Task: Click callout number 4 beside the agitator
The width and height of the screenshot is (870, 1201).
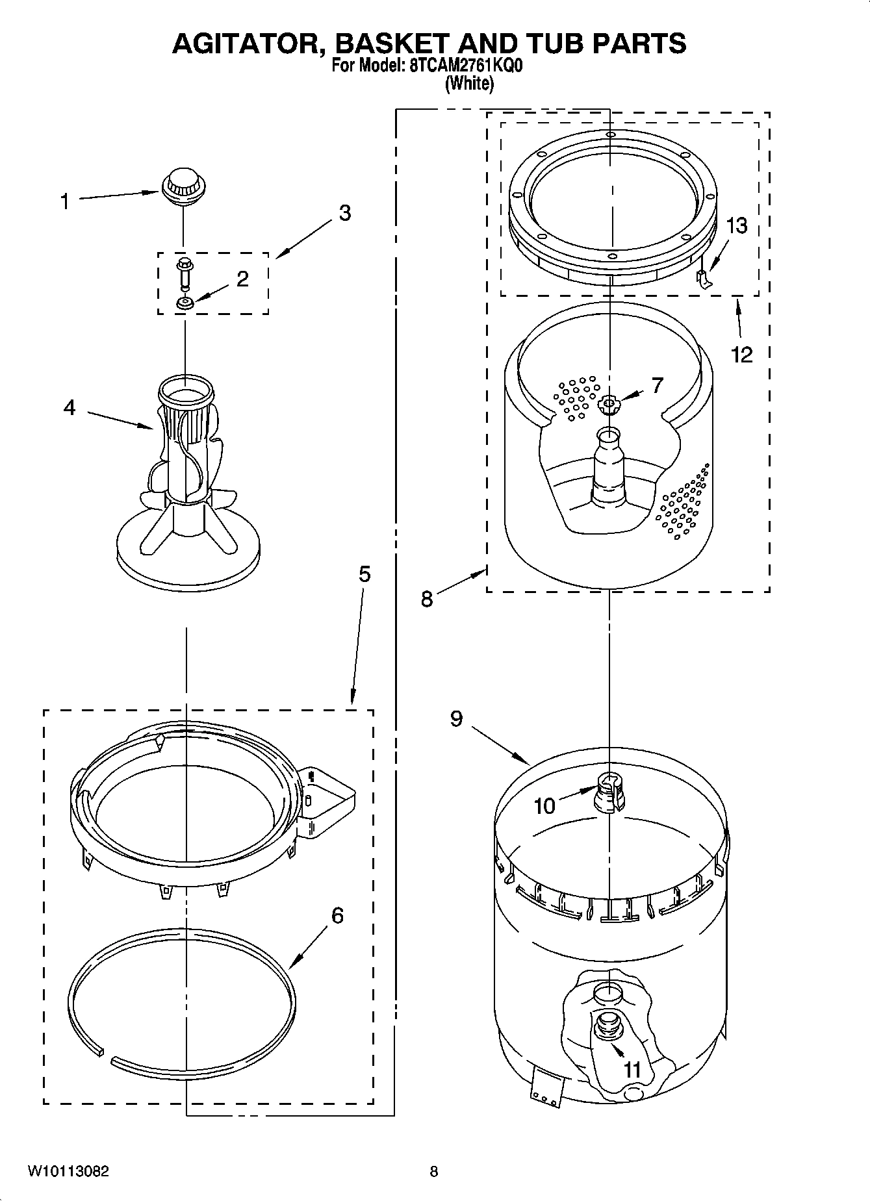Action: click(x=70, y=408)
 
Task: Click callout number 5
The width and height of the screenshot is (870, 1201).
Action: click(x=365, y=574)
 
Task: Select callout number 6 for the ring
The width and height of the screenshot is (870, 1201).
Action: click(x=338, y=915)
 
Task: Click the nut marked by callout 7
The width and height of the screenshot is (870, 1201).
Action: click(x=609, y=404)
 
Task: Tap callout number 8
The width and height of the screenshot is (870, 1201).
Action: click(x=426, y=598)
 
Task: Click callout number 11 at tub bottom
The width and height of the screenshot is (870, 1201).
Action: click(x=632, y=1069)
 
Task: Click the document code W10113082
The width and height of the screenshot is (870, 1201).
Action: click(x=68, y=1172)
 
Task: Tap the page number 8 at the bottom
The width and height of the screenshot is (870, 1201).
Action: click(x=434, y=1172)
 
